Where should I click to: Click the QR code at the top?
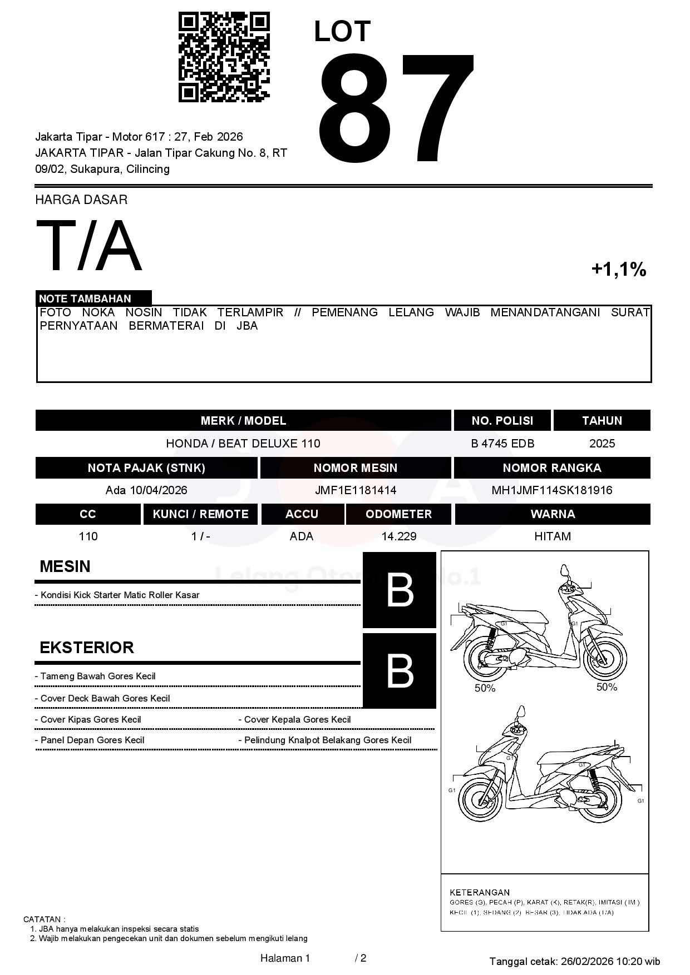click(224, 57)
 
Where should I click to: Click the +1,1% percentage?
click(618, 270)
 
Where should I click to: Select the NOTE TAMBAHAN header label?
click(85, 299)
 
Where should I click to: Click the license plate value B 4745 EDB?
click(502, 444)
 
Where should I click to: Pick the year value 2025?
click(602, 444)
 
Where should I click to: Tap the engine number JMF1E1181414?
click(355, 490)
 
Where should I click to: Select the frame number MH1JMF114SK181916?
click(551, 490)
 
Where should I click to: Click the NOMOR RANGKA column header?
click(551, 468)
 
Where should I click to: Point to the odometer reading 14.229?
click(398, 536)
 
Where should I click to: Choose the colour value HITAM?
click(552, 536)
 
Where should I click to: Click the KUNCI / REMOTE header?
click(200, 514)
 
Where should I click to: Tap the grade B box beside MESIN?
click(400, 590)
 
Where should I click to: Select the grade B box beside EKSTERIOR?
click(400, 670)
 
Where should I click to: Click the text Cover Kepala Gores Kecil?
click(297, 720)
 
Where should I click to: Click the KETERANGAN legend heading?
click(479, 893)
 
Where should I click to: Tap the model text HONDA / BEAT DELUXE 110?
click(243, 444)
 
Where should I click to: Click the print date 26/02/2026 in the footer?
click(586, 962)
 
